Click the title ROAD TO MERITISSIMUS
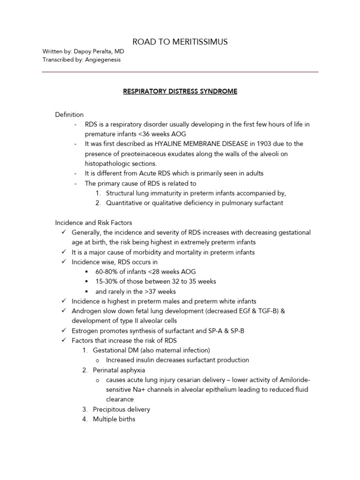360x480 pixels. click(180, 42)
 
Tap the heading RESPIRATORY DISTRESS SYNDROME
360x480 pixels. click(180, 91)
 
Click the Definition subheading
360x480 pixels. click(69, 114)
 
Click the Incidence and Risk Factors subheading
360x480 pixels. click(94, 223)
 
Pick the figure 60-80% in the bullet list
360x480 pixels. click(106, 271)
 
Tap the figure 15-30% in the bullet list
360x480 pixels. click(106, 281)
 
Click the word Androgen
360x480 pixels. click(85, 311)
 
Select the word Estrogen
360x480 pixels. click(84, 330)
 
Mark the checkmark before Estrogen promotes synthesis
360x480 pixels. click(64, 330)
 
